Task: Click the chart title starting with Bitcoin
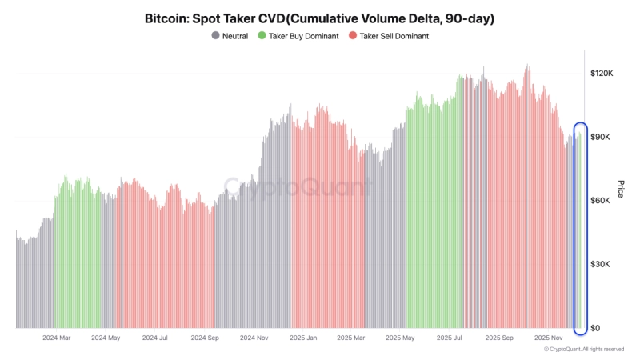pos(319,17)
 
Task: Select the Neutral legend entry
pos(234,36)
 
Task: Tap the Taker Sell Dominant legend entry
pos(390,36)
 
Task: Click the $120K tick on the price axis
pos(601,73)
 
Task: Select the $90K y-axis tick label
pos(602,137)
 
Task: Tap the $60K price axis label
pos(602,201)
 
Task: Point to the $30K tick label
pos(602,265)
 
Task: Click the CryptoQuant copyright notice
pos(583,350)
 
